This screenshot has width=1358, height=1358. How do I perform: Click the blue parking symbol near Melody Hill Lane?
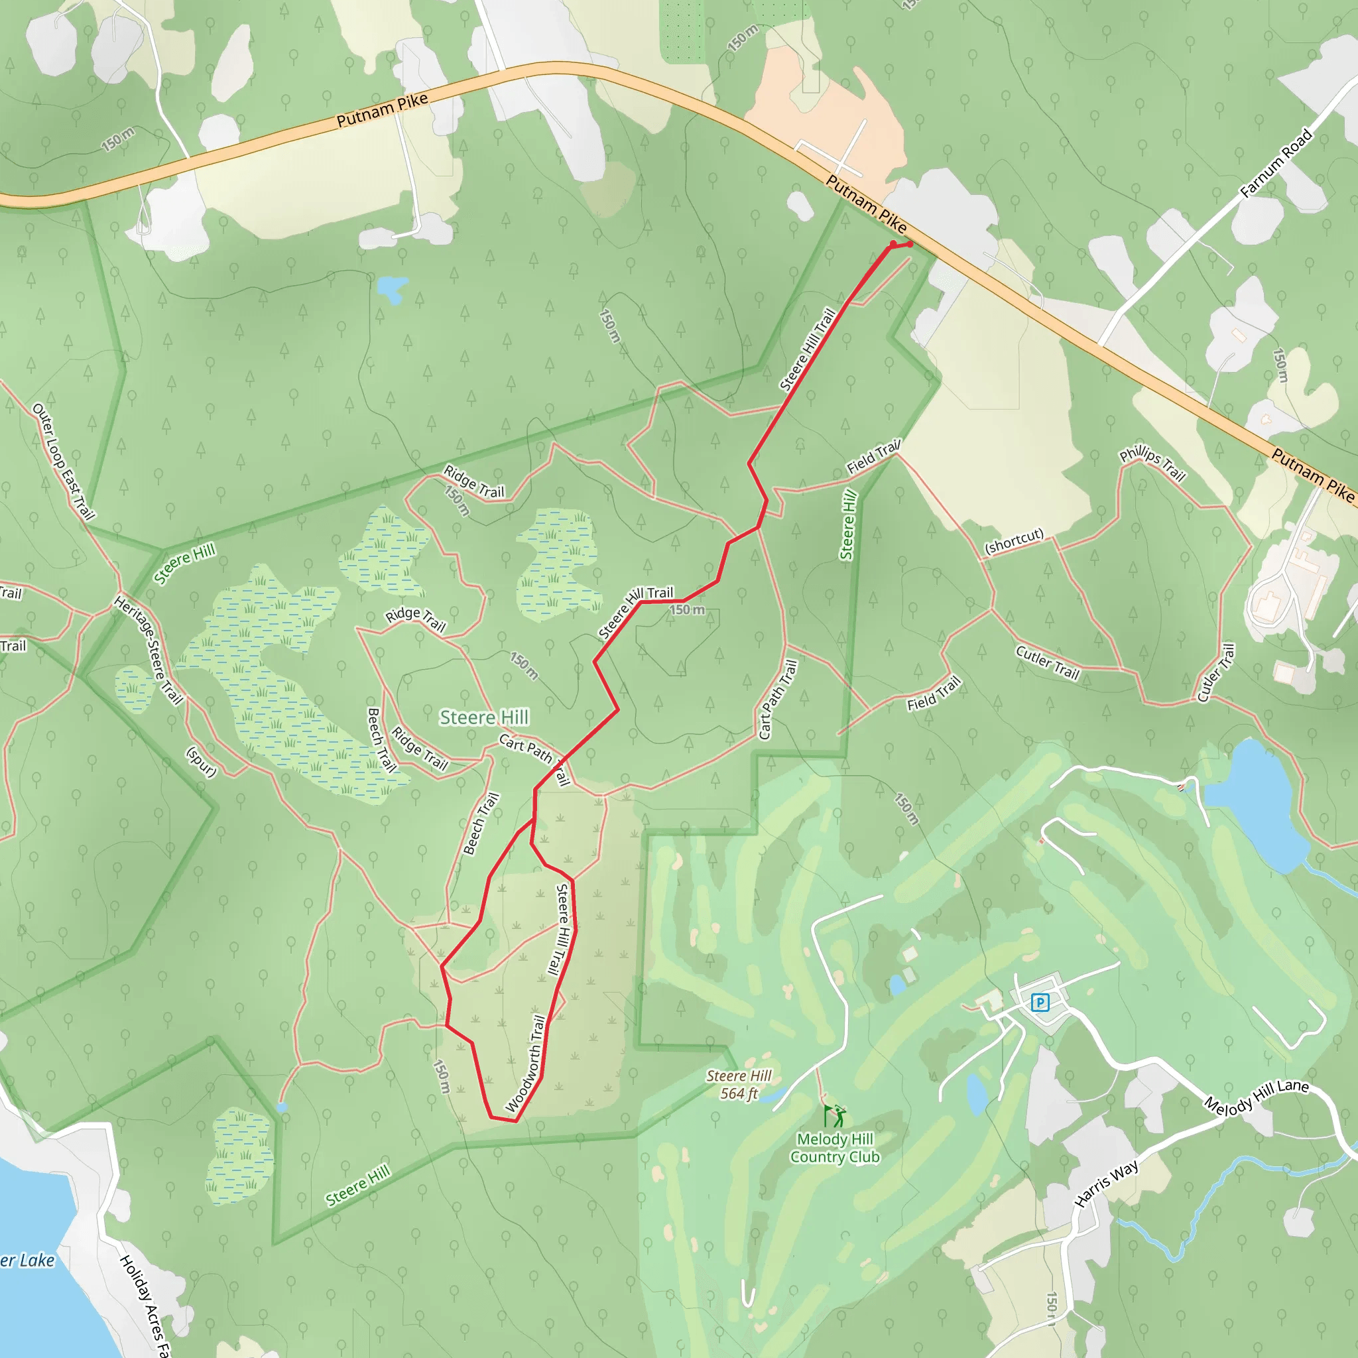pos(1040,1003)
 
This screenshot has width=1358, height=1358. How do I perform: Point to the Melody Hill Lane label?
pos(1256,1096)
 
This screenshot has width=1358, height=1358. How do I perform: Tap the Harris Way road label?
pos(1107,1184)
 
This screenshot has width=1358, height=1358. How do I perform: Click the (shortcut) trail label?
pos(1014,542)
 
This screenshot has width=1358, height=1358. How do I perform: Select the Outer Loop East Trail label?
pos(63,461)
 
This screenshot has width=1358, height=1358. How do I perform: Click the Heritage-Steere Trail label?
pos(149,650)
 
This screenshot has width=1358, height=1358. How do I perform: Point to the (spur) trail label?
pos(201,762)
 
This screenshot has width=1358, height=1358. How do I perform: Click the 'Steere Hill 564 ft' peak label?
pos(739,1085)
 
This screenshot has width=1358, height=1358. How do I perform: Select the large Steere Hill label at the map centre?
pos(483,717)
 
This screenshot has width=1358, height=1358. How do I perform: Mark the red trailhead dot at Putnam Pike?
pos(910,244)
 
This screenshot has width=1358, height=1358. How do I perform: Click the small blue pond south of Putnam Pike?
pos(391,288)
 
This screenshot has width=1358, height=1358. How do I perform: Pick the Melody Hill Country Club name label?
pos(835,1148)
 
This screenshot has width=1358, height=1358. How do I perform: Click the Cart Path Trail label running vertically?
pos(777,699)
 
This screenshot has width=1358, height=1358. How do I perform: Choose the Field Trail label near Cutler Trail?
pos(934,694)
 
